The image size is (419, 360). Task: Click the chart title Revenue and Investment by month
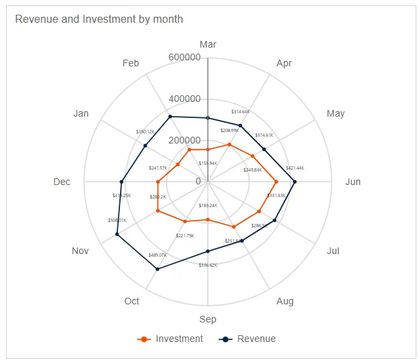99,19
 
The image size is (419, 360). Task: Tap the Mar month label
208,44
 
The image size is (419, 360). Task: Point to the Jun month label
352,182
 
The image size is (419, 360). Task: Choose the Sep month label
208,319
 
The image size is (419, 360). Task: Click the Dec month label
62,182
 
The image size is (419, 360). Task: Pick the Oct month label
131,301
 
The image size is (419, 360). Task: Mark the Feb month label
131,63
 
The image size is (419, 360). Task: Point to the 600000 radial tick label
184,58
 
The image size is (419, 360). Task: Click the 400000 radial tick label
184,99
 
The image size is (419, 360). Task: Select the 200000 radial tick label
184,140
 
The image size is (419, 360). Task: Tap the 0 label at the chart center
198,181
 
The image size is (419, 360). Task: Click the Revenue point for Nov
117,234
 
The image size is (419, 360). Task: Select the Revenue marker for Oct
157,269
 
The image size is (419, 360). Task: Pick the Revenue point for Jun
295,182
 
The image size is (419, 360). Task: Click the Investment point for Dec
158,182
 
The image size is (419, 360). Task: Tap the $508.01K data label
117,220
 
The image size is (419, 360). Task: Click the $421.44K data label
295,168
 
